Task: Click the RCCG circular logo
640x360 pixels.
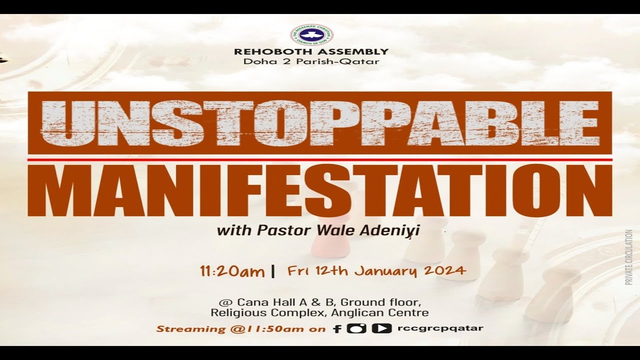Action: coord(312,34)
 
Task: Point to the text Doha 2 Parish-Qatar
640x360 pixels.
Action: coord(311,61)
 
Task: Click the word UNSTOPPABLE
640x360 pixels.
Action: coord(320,123)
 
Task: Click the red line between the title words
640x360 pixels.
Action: coord(320,159)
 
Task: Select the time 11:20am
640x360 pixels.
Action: coord(232,271)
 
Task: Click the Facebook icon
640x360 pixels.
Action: coord(337,329)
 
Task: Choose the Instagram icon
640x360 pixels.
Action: coord(356,328)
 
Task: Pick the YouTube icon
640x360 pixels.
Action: coord(381,328)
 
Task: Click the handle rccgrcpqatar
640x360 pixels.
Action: coord(440,328)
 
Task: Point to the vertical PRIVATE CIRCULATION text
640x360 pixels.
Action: coord(628,257)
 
